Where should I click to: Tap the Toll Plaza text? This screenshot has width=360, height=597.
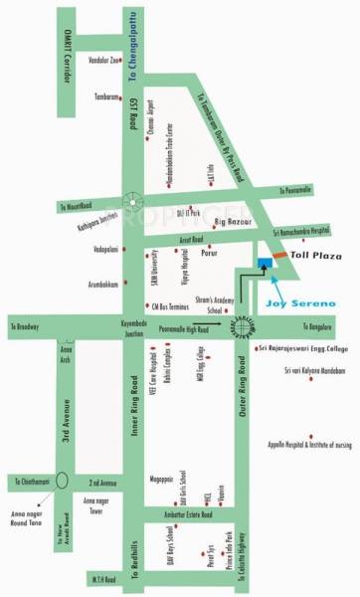point(314,256)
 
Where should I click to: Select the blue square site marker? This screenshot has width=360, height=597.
point(262,263)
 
